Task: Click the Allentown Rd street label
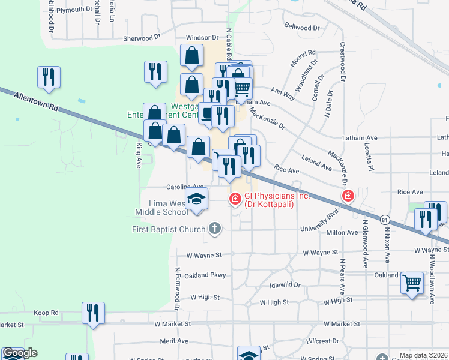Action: [37, 100]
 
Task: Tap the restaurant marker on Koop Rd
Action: [93, 313]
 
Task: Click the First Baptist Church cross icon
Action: [215, 228]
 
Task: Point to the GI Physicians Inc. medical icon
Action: [235, 197]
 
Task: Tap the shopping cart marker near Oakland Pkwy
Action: [412, 282]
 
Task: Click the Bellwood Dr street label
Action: [302, 27]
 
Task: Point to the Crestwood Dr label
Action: [343, 62]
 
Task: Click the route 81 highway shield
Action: [384, 220]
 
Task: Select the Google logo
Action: [20, 353]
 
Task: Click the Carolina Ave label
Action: [173, 188]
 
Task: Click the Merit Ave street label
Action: [175, 341]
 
